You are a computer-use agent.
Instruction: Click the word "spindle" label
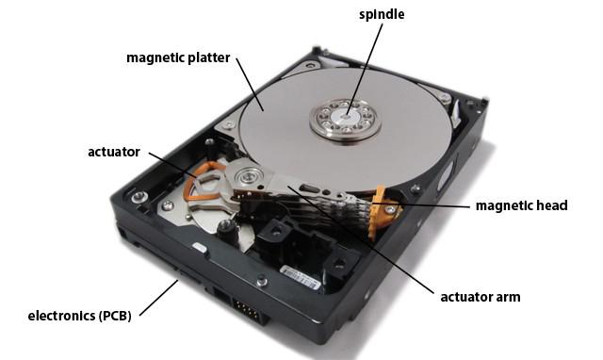[383, 16]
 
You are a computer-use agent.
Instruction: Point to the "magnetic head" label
[521, 205]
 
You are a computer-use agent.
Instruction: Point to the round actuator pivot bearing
[251, 175]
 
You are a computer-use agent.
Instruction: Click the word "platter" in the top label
[206, 57]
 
